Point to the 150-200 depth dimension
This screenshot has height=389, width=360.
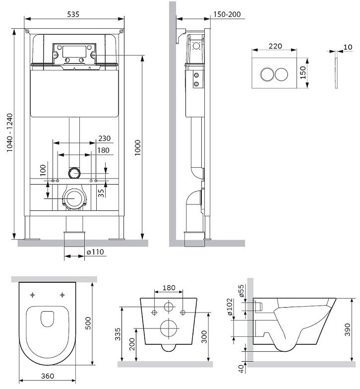[x=227, y=14]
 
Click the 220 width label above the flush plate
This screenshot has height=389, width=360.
[x=275, y=46]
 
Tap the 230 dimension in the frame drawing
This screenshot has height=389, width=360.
[x=104, y=138]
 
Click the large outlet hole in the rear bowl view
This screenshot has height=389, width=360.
[x=169, y=327]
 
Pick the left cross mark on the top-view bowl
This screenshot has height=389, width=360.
[x=33, y=295]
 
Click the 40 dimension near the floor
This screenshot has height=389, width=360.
[x=241, y=369]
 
